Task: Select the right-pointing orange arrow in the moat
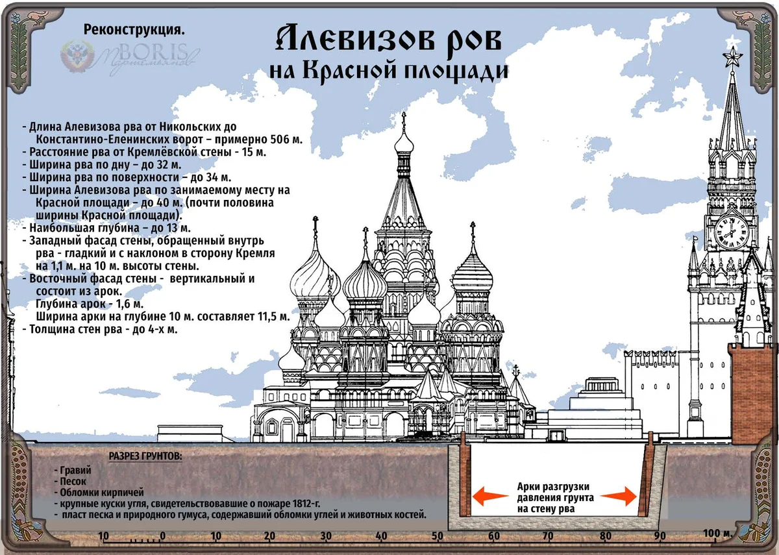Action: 623,498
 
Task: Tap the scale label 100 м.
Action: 717,534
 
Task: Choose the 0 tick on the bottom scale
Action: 162,536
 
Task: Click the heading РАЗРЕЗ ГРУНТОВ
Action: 145,456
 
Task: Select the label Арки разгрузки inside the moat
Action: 553,486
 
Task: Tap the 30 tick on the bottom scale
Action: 327,536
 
